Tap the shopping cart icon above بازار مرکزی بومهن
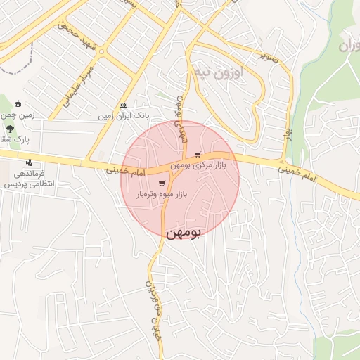tap(198, 154)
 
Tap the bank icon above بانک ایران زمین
tap(123, 105)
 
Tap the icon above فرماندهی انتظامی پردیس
tap(29, 164)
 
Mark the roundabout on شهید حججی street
tap(101, 51)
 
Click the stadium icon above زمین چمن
tap(18, 104)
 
